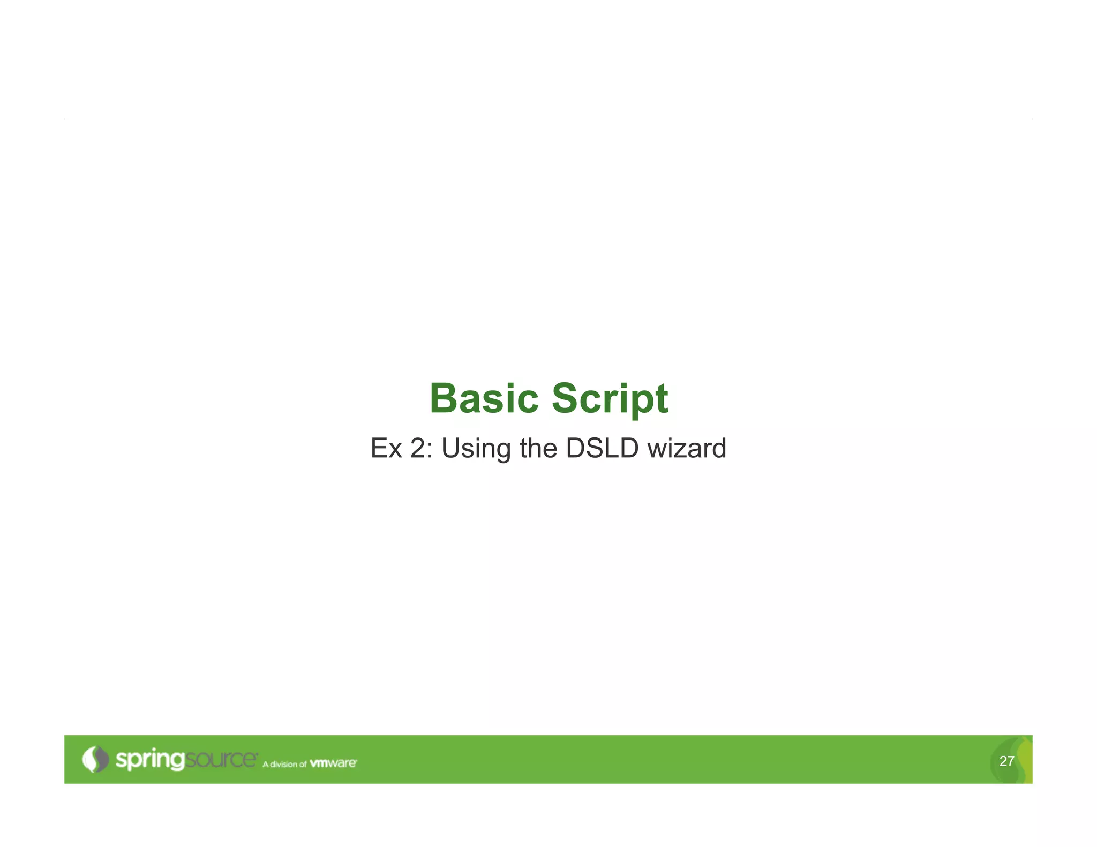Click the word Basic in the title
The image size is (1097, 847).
[x=484, y=399]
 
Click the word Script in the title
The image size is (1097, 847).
[x=610, y=399]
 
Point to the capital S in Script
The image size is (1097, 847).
[x=565, y=399]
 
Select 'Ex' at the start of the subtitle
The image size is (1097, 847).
[x=386, y=448]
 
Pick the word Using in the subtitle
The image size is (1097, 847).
[x=476, y=449]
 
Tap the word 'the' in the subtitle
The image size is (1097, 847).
[x=538, y=448]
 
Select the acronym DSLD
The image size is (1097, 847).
[x=602, y=448]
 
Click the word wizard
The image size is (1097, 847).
[x=687, y=448]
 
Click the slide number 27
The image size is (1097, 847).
[x=1006, y=761]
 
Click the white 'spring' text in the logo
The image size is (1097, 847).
[x=150, y=760]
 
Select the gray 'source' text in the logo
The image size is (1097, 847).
[x=221, y=759]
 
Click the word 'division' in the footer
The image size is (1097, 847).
[x=283, y=764]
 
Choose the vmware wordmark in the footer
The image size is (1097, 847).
[x=333, y=763]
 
